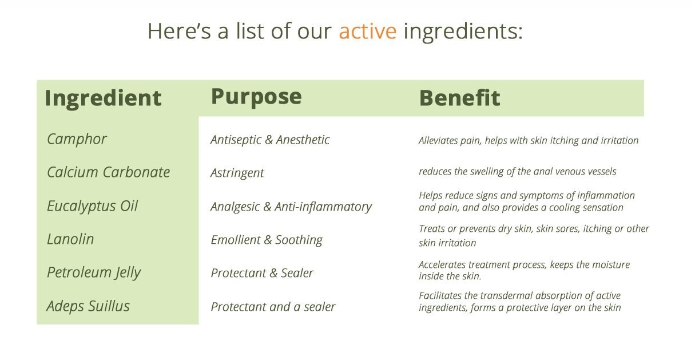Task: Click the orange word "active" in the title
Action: (367, 31)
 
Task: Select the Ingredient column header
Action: (103, 99)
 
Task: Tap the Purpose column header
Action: (256, 97)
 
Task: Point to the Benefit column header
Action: (459, 98)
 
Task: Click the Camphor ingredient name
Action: (77, 139)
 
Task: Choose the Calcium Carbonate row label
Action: (108, 172)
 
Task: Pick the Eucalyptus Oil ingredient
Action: (92, 206)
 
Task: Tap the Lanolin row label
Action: (70, 239)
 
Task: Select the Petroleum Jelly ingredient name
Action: (94, 273)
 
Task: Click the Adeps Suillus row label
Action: (88, 306)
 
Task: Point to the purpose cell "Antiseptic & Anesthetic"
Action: (270, 140)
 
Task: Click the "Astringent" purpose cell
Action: (237, 173)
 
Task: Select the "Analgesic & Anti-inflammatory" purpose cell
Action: (291, 207)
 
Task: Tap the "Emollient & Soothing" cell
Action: (267, 240)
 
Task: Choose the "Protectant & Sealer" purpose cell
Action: (262, 273)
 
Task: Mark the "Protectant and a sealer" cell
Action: (273, 307)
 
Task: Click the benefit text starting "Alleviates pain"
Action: (529, 140)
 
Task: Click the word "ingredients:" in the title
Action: (463, 32)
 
